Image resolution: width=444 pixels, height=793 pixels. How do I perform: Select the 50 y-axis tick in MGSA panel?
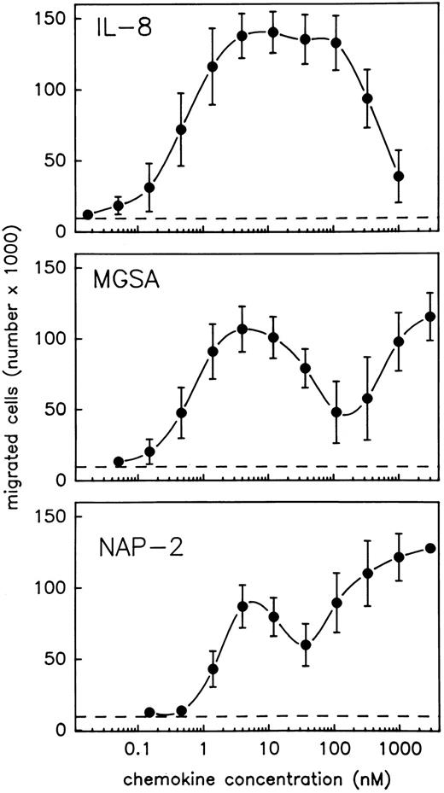point(55,410)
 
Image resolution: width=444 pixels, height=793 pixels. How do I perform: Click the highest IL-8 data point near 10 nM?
point(273,32)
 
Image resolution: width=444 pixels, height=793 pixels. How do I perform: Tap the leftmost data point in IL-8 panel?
point(87,214)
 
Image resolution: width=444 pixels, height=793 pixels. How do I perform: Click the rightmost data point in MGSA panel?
point(430,317)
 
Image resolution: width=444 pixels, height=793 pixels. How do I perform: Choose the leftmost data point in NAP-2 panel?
point(149,712)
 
